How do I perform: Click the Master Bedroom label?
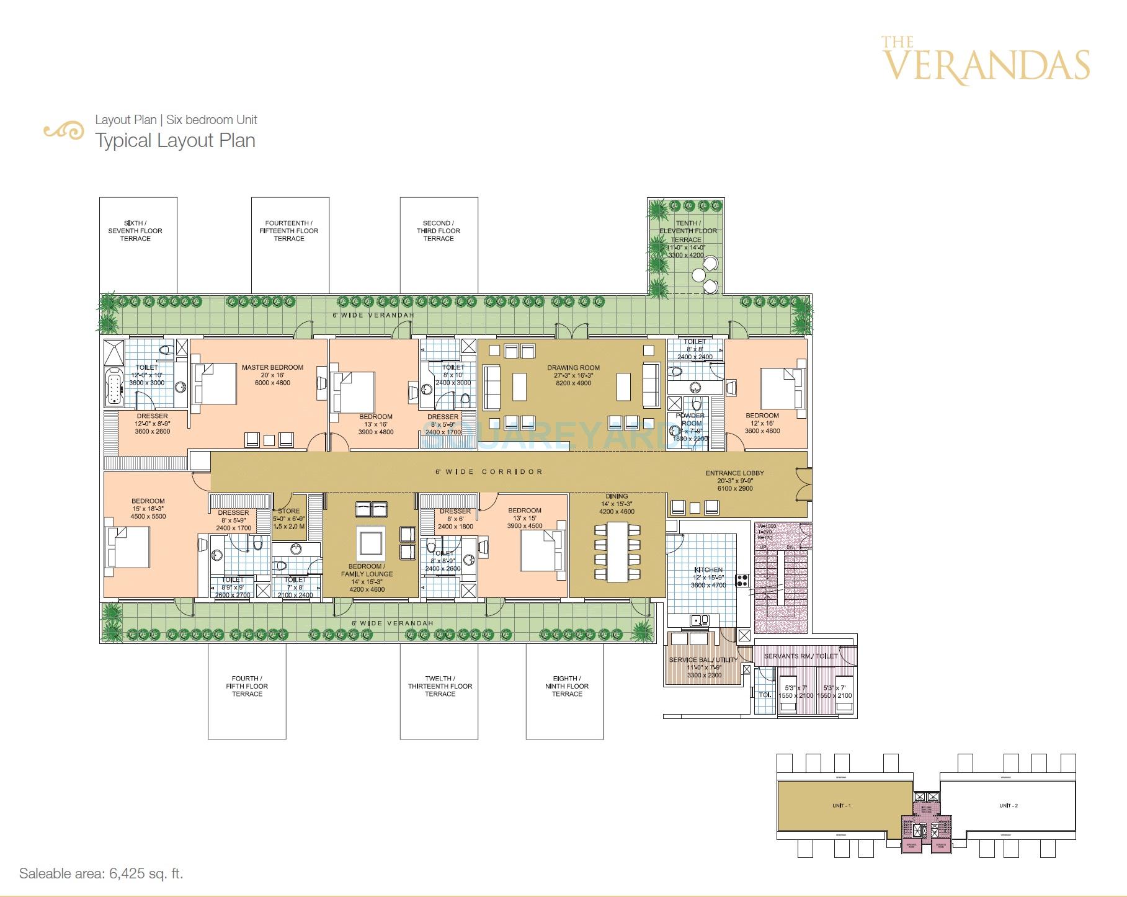pyautogui.click(x=272, y=367)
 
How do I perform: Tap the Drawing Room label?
pyautogui.click(x=573, y=368)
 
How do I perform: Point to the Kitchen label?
pyautogui.click(x=708, y=569)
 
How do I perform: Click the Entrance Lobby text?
pyautogui.click(x=734, y=473)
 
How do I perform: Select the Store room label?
pyautogui.click(x=289, y=511)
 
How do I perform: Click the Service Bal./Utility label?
pyautogui.click(x=703, y=659)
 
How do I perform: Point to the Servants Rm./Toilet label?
pyautogui.click(x=800, y=656)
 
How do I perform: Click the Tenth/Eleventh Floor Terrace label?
pyautogui.click(x=687, y=231)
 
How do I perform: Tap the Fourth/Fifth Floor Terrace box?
pyautogui.click(x=247, y=691)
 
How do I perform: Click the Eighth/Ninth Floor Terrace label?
pyautogui.click(x=566, y=686)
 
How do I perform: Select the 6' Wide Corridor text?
pyautogui.click(x=489, y=472)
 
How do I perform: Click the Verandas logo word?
pyautogui.click(x=986, y=65)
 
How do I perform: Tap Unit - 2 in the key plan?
pyautogui.click(x=1009, y=805)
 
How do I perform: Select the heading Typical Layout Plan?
pyautogui.click(x=175, y=140)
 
